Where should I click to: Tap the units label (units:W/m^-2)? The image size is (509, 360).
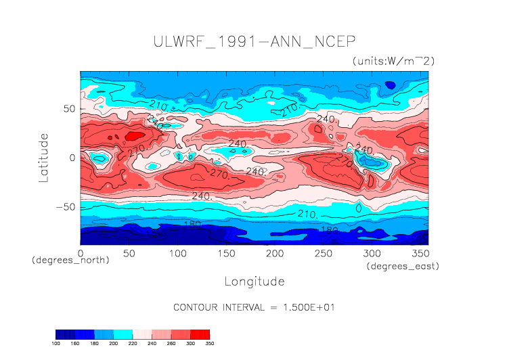pos(393,61)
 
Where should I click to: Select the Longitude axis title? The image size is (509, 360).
pos(254,281)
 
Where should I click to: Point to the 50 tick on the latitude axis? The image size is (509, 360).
pos(69,108)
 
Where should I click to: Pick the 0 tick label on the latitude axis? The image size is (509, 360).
pos(72,158)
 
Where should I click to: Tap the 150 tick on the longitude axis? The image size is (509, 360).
pos(226,253)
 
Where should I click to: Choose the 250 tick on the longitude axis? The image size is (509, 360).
pos(324,253)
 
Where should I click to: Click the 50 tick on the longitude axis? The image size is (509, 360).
pos(129,253)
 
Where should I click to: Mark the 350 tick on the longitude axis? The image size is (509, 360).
pos(420,253)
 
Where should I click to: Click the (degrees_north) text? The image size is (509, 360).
pos(70,260)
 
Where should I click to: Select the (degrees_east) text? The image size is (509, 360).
pos(403,267)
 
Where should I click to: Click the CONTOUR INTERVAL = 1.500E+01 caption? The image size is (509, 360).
pos(254,307)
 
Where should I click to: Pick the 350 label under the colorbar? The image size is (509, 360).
pos(209,343)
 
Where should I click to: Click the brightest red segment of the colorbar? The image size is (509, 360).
pos(201,334)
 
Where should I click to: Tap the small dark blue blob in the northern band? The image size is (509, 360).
pos(390,85)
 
